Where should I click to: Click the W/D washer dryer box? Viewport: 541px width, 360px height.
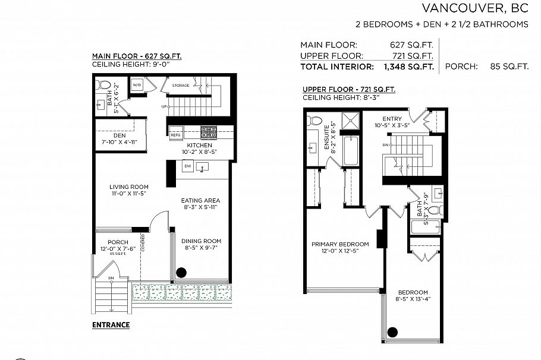click(x=137, y=85)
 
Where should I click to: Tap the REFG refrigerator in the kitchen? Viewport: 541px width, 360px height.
click(x=175, y=135)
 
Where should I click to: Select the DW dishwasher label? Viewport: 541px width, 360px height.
click(x=187, y=166)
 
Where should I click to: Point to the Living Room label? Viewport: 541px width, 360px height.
click(x=128, y=187)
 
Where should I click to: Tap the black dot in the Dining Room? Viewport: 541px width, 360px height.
click(x=181, y=273)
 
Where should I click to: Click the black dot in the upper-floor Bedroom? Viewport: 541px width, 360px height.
click(x=392, y=332)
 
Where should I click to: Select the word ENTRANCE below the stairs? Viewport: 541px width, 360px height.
click(x=111, y=325)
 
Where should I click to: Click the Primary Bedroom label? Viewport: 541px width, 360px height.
click(x=340, y=244)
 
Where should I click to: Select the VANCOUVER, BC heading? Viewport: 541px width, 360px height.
click(x=474, y=8)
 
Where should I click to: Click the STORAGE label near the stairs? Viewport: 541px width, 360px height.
click(x=181, y=86)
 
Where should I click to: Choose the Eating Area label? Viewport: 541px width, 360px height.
click(x=200, y=201)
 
